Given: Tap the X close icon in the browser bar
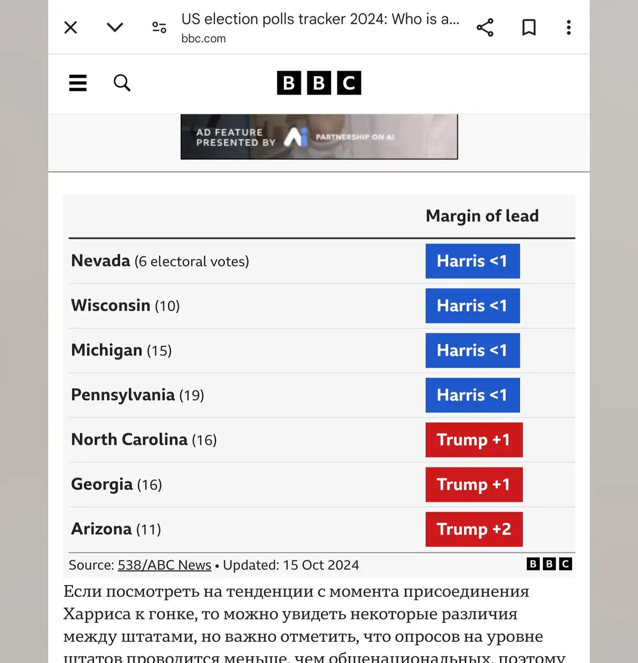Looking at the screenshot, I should point(71,28).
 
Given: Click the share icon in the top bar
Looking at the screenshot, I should point(485,28).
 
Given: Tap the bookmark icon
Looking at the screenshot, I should point(529,28).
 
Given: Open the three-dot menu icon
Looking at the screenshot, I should point(569,28).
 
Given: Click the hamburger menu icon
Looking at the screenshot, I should point(78,83).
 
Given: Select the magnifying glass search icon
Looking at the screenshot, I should point(122,83).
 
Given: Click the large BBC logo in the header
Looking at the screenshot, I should point(319,83).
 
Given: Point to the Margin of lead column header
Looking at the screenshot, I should point(482,216).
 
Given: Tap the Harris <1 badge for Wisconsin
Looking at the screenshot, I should point(472,306).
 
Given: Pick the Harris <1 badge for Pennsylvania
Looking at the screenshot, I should point(472,395).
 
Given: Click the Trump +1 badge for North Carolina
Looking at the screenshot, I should point(474,440).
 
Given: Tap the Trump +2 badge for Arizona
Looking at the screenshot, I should point(474,529).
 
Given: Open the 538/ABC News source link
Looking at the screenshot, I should point(164,565).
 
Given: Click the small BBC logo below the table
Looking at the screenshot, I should point(549,564).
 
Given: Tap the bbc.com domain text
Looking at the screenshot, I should point(204,39).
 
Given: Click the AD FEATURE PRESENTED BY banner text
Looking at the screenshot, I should point(236,137).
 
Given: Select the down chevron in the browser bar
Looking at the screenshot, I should point(115,28).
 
